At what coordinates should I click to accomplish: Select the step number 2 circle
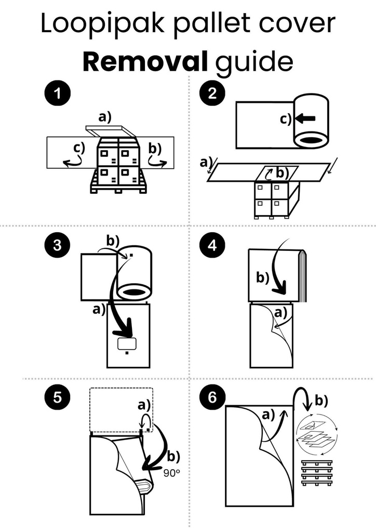pos(212,96)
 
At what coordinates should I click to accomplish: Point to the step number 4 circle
pos(212,247)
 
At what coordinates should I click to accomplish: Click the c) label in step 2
pos(286,119)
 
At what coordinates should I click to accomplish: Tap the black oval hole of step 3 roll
pos(135,294)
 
